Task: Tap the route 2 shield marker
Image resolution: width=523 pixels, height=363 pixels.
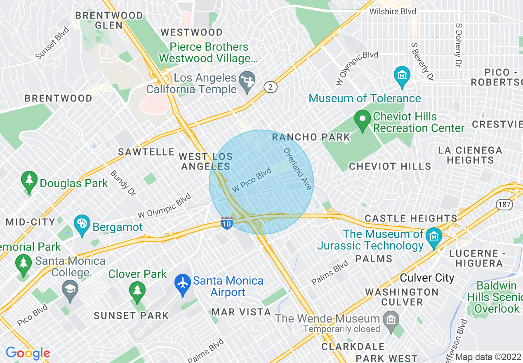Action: pyautogui.click(x=270, y=87)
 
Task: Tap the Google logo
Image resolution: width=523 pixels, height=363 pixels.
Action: pyautogui.click(x=28, y=353)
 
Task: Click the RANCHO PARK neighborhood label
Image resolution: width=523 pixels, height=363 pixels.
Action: pyautogui.click(x=311, y=137)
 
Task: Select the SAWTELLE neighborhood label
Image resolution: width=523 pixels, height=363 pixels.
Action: pyautogui.click(x=146, y=152)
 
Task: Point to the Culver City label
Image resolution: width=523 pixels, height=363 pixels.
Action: pyautogui.click(x=427, y=278)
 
